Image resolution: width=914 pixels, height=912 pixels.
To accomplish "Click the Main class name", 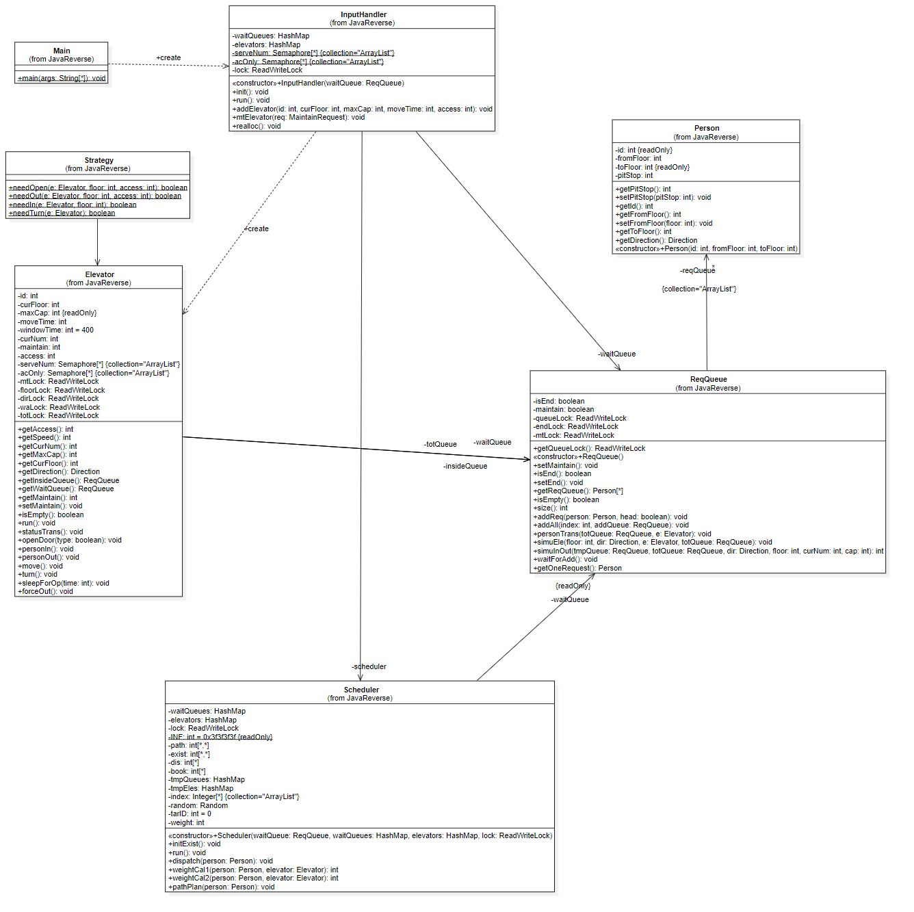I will click(x=62, y=51).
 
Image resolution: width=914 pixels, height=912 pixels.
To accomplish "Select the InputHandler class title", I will click(x=363, y=14).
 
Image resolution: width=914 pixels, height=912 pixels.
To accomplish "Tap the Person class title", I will click(x=707, y=128).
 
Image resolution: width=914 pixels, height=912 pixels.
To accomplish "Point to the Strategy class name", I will click(x=99, y=160).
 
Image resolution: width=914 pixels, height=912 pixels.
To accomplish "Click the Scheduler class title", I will click(x=361, y=690).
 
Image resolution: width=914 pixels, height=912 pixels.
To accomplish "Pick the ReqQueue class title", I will click(x=708, y=379).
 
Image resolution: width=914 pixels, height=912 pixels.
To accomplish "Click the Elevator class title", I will click(x=100, y=274).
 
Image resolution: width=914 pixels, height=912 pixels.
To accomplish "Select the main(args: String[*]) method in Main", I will click(x=62, y=78).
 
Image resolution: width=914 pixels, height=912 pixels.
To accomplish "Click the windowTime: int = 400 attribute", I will click(x=56, y=330).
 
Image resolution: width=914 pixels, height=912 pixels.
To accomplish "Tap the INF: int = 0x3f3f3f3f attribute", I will click(x=220, y=737).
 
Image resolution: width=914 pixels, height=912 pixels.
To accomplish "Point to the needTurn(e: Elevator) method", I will click(x=62, y=213).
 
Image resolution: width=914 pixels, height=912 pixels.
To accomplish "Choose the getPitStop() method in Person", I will click(x=643, y=189).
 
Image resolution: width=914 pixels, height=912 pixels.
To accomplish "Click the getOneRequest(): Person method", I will click(x=577, y=568).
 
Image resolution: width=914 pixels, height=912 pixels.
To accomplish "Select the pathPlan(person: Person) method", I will click(x=221, y=887).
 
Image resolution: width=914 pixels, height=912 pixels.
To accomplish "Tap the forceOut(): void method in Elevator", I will click(x=45, y=591).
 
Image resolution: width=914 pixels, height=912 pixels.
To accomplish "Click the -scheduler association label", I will click(x=369, y=666).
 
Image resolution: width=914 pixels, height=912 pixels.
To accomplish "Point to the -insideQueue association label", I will click(x=465, y=466).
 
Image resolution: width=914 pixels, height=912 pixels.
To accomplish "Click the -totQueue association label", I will click(x=441, y=444).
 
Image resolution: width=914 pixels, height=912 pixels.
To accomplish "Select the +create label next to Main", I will click(x=168, y=57).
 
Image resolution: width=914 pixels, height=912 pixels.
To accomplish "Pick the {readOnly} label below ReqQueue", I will click(x=573, y=586).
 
